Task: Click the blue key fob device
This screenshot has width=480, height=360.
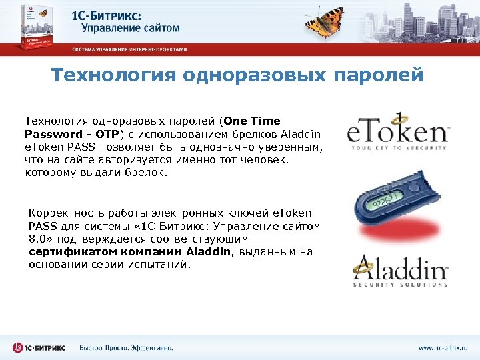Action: tap(393, 203)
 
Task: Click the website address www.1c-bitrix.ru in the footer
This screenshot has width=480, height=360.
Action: tap(444, 347)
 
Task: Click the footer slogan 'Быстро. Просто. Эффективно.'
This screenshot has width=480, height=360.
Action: tap(126, 347)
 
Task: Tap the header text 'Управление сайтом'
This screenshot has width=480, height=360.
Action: tap(131, 28)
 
